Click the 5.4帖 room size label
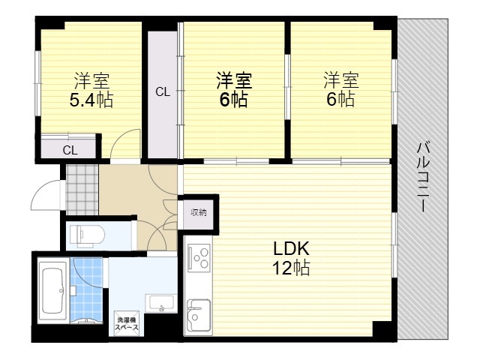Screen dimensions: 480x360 91,100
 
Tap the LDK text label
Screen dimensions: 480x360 291,248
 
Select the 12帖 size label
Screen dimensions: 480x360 291,268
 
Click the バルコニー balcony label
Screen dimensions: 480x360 423,177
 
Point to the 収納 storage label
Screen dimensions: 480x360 198,212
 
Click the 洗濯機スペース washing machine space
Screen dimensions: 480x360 127,323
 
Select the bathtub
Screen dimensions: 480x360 53,291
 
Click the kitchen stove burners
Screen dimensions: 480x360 199,258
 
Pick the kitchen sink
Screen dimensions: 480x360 199,314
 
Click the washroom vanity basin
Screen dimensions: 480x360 161,303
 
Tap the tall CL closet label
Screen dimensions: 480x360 163,91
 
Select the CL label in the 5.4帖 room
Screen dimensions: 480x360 70,150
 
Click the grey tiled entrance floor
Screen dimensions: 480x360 82,190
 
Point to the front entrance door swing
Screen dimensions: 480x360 46,195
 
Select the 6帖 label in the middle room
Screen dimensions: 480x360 233,99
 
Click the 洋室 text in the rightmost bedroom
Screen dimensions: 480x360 341,80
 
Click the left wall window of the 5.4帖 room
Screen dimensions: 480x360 37,83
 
